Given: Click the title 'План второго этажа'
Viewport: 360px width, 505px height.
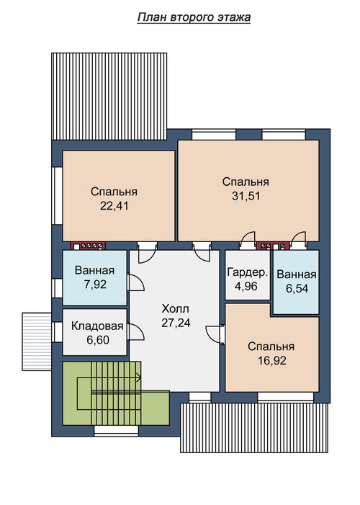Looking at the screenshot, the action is (194, 17).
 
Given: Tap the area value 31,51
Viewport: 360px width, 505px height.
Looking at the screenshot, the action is (246, 196).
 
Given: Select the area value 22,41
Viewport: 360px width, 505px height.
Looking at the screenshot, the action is (114, 205).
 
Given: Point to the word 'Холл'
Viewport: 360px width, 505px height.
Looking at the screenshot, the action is (176, 309).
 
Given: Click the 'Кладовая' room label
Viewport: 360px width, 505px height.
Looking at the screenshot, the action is (97, 326).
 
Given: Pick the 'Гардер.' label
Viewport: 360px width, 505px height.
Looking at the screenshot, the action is (247, 272).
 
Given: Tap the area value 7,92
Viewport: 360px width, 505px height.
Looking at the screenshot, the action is (94, 285).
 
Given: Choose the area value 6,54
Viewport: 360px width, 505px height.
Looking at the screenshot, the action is (297, 288).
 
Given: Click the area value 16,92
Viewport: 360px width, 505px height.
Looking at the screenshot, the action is (271, 360).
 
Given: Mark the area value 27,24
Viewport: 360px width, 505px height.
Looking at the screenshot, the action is (176, 323).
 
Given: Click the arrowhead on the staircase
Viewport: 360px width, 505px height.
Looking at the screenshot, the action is (139, 377).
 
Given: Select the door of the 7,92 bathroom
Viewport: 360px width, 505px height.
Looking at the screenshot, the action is (135, 282).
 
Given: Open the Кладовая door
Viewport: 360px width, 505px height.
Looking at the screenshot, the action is (135, 331).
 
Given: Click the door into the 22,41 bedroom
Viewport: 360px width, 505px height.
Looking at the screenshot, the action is (148, 254).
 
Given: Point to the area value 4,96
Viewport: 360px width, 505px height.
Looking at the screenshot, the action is (246, 286).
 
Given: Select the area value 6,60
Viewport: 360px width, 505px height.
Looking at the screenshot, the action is (98, 340).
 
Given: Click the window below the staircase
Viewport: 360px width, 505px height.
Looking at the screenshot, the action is (117, 430).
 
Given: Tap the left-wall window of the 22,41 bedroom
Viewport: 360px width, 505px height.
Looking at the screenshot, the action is (58, 195).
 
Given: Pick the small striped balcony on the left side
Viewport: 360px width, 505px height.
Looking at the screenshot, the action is (37, 341).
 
